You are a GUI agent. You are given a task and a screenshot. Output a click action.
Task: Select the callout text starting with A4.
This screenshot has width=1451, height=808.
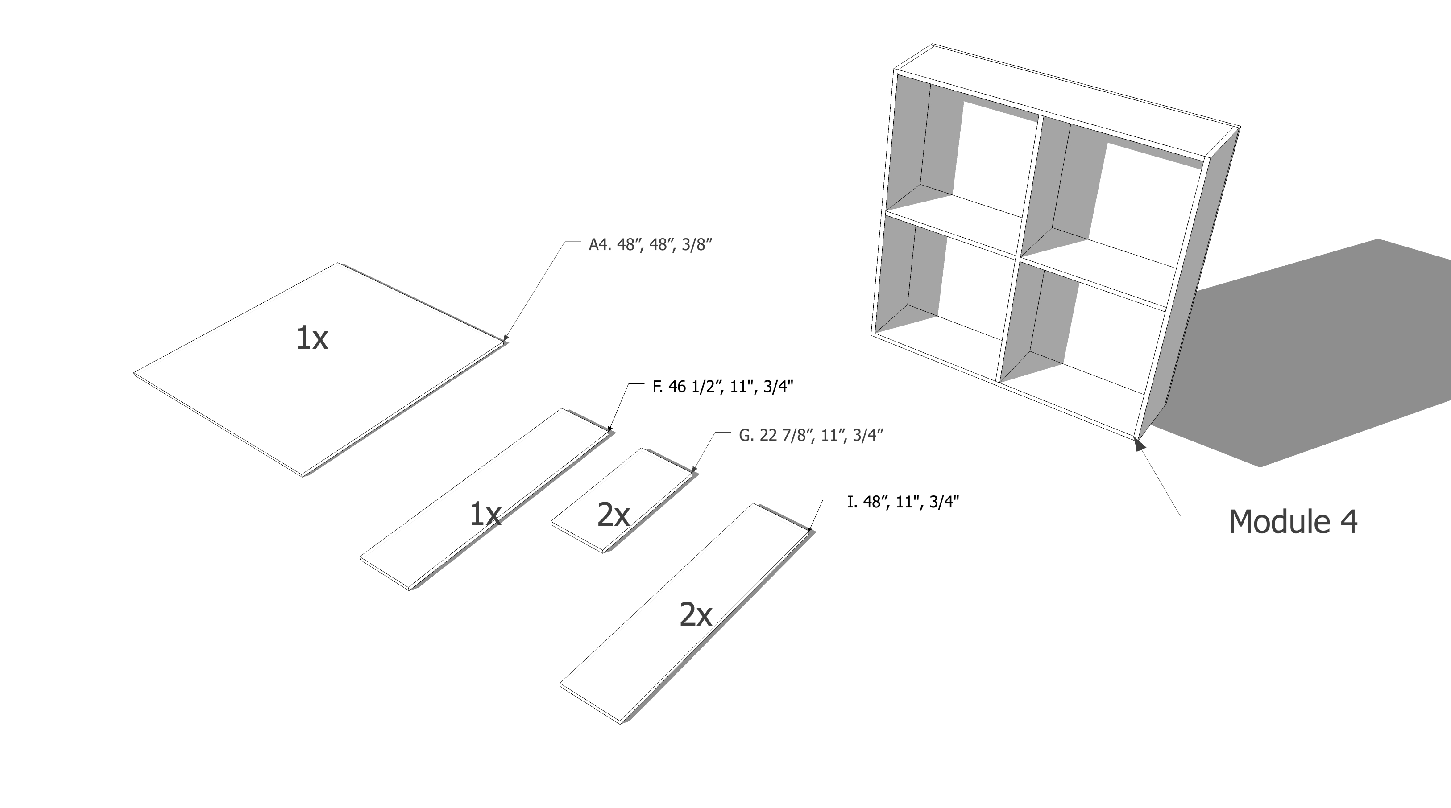tap(651, 245)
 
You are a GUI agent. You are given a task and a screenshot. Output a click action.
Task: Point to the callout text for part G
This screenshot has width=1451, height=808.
tap(811, 435)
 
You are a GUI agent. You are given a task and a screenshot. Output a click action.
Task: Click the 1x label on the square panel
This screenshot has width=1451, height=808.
tap(312, 338)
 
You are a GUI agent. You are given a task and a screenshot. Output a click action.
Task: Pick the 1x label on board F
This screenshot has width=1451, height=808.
tap(485, 514)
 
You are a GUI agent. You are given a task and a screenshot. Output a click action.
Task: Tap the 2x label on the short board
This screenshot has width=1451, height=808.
tap(614, 515)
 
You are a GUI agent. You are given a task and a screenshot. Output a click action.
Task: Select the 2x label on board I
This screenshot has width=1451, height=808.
tap(696, 614)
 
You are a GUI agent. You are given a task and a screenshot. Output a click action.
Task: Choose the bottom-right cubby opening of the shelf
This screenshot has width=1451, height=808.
tap(1082, 332)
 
